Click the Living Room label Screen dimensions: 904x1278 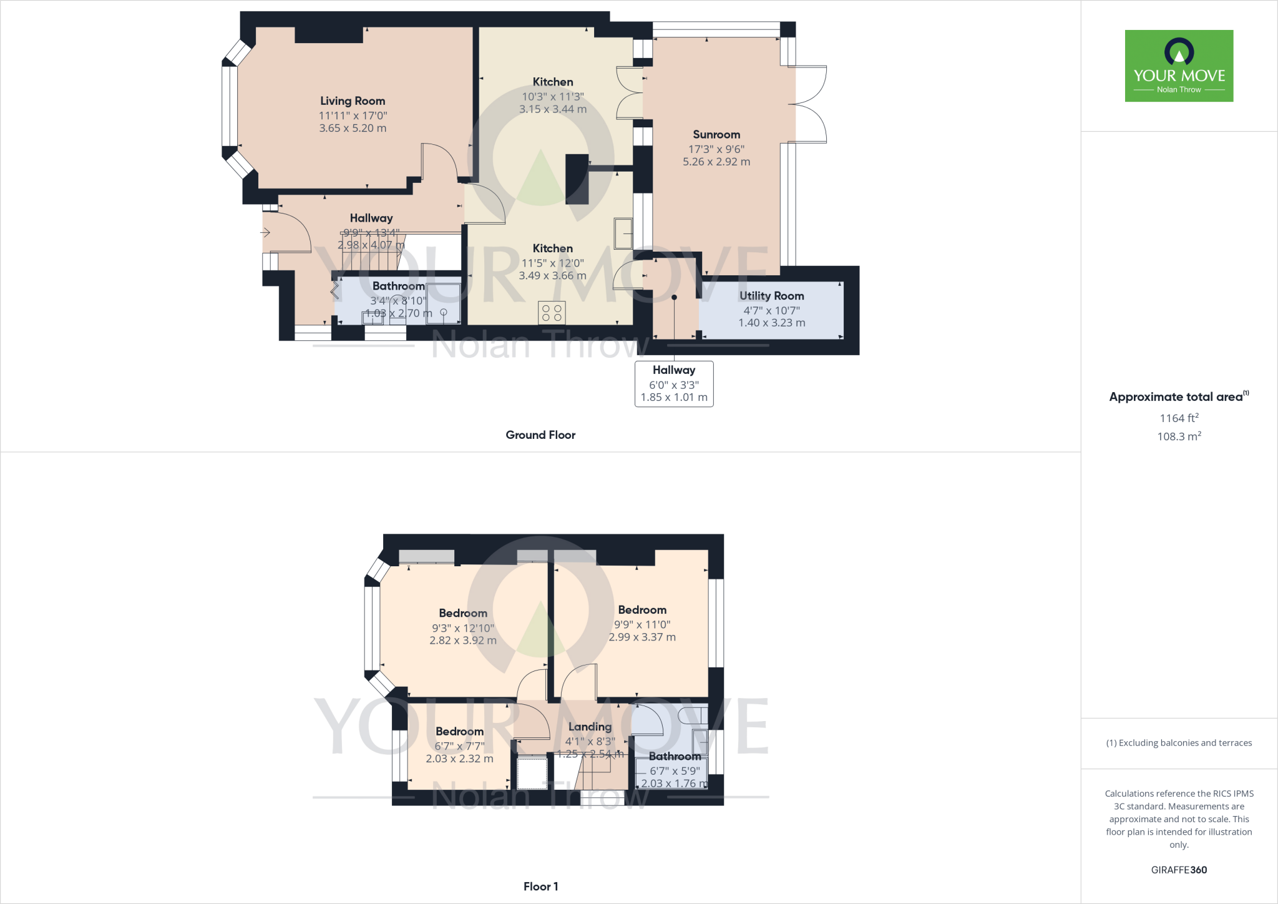pyautogui.click(x=353, y=101)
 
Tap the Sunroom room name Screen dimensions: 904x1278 pyautogui.click(x=716, y=135)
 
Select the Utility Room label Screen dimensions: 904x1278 pyautogui.click(x=771, y=296)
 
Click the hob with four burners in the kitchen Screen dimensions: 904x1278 pyautogui.click(x=552, y=313)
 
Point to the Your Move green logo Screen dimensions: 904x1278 pyautogui.click(x=1179, y=66)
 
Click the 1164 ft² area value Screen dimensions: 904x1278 pyautogui.click(x=1179, y=418)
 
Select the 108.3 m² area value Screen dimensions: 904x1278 pyautogui.click(x=1179, y=436)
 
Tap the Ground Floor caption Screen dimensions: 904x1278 pyautogui.click(x=540, y=435)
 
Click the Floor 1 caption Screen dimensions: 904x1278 pyautogui.click(x=540, y=887)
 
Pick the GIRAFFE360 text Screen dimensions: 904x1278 pyautogui.click(x=1179, y=870)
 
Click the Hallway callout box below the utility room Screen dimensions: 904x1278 pyautogui.click(x=674, y=384)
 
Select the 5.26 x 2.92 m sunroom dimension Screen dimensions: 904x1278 pyautogui.click(x=716, y=162)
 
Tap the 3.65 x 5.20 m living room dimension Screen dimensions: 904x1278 pyautogui.click(x=353, y=128)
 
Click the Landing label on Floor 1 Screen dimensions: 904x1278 pyautogui.click(x=590, y=727)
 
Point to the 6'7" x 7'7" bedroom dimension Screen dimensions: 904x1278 pyautogui.click(x=459, y=746)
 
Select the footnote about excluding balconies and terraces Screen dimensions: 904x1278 pyautogui.click(x=1179, y=743)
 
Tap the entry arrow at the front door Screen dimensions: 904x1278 pyautogui.click(x=265, y=233)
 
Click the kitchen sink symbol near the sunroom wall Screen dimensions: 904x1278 pyautogui.click(x=623, y=233)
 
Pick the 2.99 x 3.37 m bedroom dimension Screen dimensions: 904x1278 pyautogui.click(x=642, y=637)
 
